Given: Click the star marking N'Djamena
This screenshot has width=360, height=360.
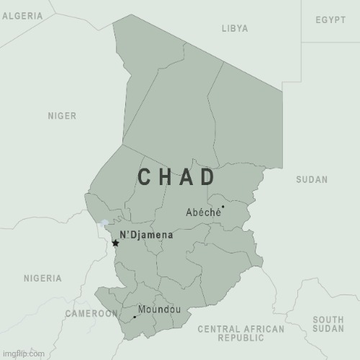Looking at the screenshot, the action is pyautogui.click(x=115, y=243).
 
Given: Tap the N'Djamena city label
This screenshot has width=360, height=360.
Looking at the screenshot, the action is pyautogui.click(x=146, y=235).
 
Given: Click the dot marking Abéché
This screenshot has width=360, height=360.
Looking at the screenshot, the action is pyautogui.click(x=222, y=207).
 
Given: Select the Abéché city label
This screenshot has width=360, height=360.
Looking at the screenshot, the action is pyautogui.click(x=202, y=212).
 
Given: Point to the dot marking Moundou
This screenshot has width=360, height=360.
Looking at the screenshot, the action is pyautogui.click(x=134, y=317).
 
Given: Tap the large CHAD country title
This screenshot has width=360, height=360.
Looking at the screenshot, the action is pyautogui.click(x=176, y=177).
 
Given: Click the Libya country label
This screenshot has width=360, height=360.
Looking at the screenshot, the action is pyautogui.click(x=235, y=29).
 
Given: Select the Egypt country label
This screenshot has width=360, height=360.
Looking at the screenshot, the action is pyautogui.click(x=330, y=19).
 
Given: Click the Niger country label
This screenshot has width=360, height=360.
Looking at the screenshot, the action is pyautogui.click(x=62, y=115).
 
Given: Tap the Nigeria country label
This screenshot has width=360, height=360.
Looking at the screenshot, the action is pyautogui.click(x=42, y=278).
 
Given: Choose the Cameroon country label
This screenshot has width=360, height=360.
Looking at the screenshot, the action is pyautogui.click(x=91, y=313).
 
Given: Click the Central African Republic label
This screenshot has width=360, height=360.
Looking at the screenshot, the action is pyautogui.click(x=241, y=333).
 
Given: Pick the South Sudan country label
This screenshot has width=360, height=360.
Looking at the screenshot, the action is pyautogui.click(x=328, y=324).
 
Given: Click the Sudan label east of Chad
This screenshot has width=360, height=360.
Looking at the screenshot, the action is pyautogui.click(x=312, y=179).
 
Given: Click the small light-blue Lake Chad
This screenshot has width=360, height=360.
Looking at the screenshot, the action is pyautogui.click(x=104, y=224).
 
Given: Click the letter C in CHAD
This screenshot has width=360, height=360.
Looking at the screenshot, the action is pyautogui.click(x=143, y=177).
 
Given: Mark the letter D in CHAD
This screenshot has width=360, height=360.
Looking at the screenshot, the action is pyautogui.click(x=207, y=177).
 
